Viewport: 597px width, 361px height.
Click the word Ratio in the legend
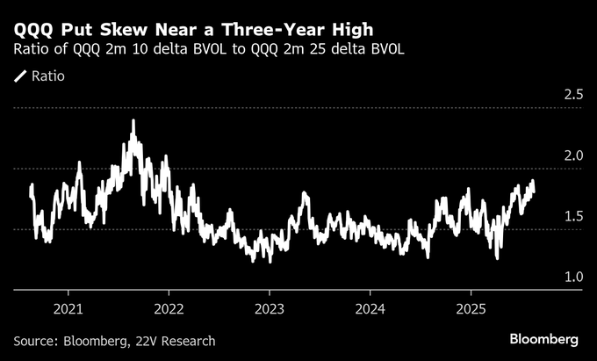47,76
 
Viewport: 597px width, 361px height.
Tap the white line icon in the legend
19,76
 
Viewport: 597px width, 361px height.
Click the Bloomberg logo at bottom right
544,340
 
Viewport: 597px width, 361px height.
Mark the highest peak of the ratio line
133,120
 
